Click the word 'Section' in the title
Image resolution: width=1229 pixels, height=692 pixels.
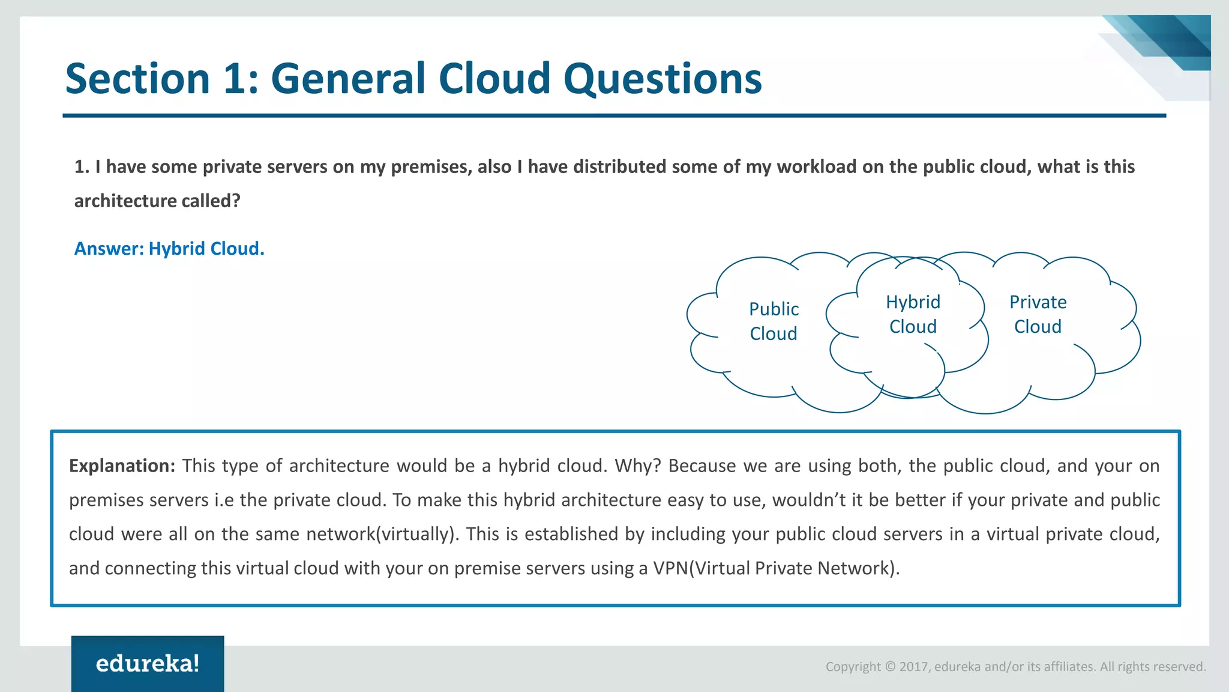pos(137,79)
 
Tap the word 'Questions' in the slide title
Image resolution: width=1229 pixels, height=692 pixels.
pos(663,79)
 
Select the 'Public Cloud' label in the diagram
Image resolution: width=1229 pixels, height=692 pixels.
pos(774,321)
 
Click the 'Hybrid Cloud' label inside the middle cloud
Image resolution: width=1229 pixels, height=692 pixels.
pos(913,314)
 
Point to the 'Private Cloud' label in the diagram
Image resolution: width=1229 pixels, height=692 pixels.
pos(1038,314)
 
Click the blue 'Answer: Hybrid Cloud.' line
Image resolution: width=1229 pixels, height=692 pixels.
pos(169,249)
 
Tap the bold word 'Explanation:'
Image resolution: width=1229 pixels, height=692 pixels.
pos(122,466)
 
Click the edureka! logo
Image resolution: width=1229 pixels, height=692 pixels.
pos(148,663)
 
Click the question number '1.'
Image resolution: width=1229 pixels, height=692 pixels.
pos(82,167)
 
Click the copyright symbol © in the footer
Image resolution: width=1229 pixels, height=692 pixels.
pos(890,667)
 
